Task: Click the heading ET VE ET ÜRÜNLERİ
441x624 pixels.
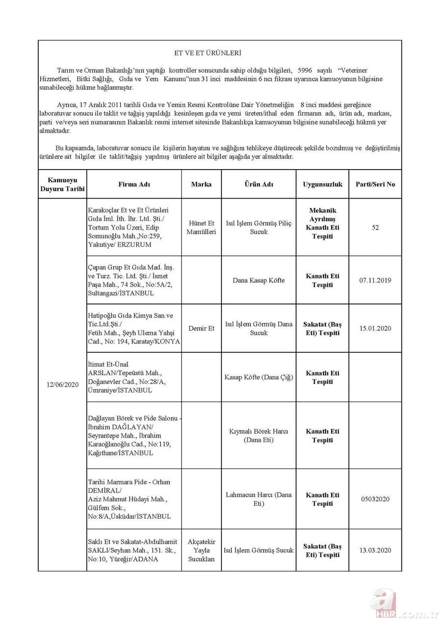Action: click(208, 52)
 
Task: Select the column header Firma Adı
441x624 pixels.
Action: click(134, 184)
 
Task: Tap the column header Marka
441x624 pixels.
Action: click(201, 184)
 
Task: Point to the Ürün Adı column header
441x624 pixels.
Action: click(259, 184)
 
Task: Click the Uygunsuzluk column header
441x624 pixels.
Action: click(322, 184)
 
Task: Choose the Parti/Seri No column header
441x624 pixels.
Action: click(375, 184)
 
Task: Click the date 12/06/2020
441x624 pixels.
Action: click(62, 384)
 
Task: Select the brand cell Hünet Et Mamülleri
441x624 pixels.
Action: click(201, 227)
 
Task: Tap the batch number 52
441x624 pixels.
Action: click(375, 227)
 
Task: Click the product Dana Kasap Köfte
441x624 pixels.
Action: click(259, 280)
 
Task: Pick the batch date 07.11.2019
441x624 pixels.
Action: click(375, 280)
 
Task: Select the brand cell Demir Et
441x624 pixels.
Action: click(201, 328)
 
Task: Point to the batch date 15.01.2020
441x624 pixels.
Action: click(375, 328)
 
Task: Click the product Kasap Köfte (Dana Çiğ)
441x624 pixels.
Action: click(259, 377)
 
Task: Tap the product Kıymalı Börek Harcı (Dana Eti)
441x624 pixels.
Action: click(259, 436)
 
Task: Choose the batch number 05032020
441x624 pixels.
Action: click(375, 499)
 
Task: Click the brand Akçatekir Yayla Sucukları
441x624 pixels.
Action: click(201, 550)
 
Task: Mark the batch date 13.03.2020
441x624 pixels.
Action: click(375, 550)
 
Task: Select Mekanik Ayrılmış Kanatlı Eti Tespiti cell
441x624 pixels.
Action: click(322, 224)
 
